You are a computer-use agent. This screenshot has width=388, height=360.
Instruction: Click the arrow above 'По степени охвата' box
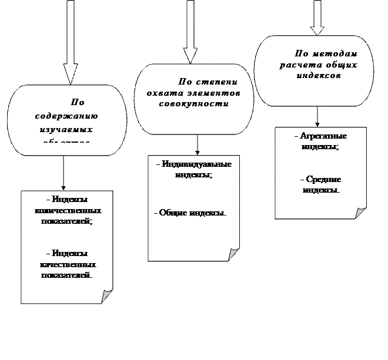pos(190,32)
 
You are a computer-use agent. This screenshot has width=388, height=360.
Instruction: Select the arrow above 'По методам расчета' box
pos(317,18)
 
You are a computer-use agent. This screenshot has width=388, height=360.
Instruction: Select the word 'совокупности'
pos(193,103)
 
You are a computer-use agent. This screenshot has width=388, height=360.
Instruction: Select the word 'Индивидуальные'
pos(196,164)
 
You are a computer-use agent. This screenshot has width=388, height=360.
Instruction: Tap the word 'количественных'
pos(68,210)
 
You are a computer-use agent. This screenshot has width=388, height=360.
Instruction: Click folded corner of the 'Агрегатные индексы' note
pos(360,213)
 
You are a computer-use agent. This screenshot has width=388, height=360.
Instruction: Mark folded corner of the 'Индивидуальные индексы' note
pos(233,254)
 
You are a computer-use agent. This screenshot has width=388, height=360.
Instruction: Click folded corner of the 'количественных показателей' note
pos(106,296)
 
